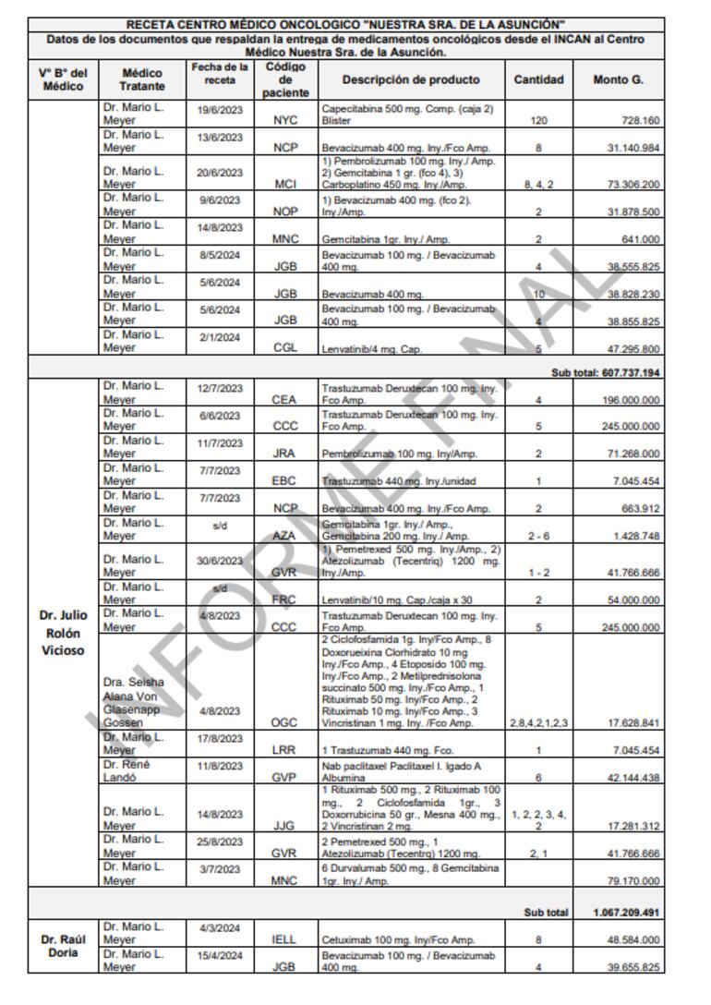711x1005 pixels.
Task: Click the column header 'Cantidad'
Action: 538,79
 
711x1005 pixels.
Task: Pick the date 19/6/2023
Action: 219,110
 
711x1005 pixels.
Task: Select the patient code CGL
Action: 284,348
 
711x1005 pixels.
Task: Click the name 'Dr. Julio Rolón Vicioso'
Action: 63,633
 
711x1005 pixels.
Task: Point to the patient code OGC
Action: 284,723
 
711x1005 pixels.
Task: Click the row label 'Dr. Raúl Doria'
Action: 63,947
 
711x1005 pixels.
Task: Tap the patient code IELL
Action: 284,940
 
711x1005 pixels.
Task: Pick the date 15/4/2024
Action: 219,954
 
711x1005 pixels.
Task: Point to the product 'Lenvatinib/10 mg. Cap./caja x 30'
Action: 384,599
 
